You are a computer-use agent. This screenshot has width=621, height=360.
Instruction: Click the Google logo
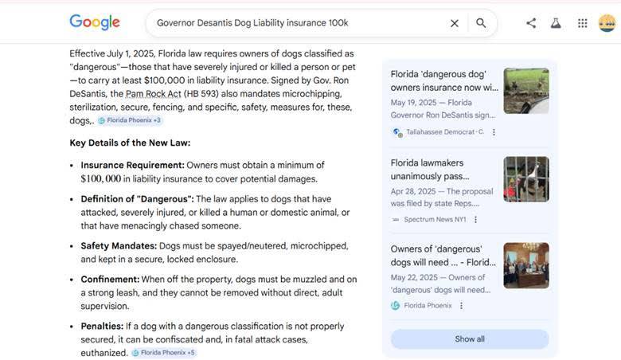(x=95, y=22)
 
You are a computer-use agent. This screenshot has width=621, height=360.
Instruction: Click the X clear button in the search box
(x=455, y=23)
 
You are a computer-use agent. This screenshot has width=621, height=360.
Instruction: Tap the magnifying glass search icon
(x=481, y=23)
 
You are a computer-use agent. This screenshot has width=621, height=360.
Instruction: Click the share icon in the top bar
(x=531, y=23)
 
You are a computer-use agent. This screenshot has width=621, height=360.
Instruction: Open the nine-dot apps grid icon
(x=583, y=23)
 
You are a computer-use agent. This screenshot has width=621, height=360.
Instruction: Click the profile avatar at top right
(x=607, y=23)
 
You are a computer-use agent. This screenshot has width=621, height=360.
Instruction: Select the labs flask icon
(x=556, y=23)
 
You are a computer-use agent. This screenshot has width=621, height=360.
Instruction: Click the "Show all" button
(x=470, y=338)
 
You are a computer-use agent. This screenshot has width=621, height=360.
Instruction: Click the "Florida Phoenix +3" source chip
(x=130, y=120)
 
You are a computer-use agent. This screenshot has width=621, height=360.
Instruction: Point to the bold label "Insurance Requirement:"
(x=132, y=165)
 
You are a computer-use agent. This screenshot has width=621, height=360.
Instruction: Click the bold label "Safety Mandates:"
(x=118, y=245)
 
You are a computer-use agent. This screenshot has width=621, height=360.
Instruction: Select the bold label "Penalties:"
(x=101, y=326)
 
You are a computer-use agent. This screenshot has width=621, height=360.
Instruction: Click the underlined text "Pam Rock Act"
(x=154, y=93)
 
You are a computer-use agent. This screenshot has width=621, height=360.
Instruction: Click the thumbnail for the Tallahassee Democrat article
(x=525, y=90)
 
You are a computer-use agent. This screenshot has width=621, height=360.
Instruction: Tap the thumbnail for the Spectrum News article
(x=525, y=178)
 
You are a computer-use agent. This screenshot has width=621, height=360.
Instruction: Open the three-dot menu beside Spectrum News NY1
(x=476, y=219)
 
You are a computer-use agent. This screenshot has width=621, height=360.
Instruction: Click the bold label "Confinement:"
(x=110, y=279)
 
